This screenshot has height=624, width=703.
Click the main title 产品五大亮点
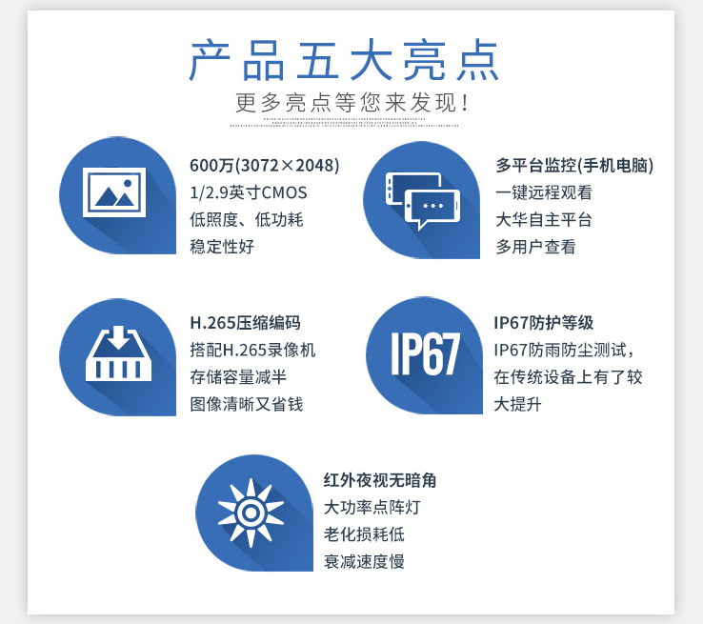[x=344, y=61]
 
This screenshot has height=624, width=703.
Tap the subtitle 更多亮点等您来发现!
[x=351, y=103]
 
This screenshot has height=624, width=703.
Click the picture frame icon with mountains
[x=114, y=192]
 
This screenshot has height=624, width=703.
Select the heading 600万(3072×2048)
[x=265, y=166]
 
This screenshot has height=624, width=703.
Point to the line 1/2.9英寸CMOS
[x=249, y=192]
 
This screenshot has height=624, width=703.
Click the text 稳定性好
[x=222, y=247]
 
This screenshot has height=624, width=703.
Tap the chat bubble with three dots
[x=432, y=209]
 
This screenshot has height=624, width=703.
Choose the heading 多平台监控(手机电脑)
[x=574, y=166]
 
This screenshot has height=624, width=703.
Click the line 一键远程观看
[x=544, y=192]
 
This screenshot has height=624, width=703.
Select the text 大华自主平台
[x=544, y=220]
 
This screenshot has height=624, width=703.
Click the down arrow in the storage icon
[x=119, y=337]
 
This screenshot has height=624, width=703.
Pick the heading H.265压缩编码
[x=245, y=323]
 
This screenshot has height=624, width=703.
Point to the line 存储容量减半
[x=238, y=377]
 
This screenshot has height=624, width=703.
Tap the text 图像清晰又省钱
[x=247, y=404]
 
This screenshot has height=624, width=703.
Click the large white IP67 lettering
[x=426, y=353]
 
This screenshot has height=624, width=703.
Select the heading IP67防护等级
[x=543, y=323]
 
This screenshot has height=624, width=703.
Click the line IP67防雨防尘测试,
[x=565, y=350]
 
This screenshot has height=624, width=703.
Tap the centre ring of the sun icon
[x=251, y=513]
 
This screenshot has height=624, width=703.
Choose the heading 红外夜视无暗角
[x=380, y=480]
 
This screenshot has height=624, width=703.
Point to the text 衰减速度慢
[x=364, y=561]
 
